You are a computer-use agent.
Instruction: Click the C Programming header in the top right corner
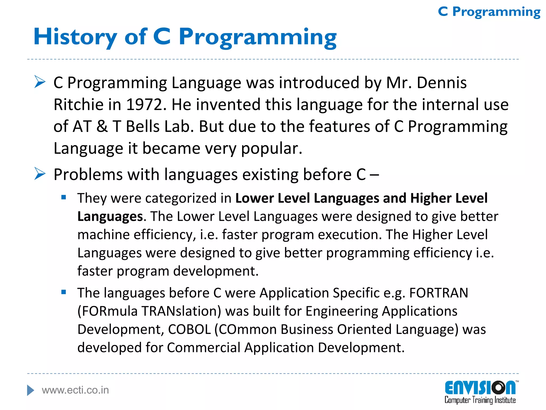coord(489,12)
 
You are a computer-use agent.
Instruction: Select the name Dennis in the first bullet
coord(441,82)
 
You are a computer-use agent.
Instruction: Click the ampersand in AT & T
coord(102,126)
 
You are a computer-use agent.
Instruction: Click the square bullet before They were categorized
coord(63,198)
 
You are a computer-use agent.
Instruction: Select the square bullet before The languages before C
coord(63,292)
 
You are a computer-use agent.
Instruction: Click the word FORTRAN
coord(439,293)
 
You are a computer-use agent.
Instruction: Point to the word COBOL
coord(189,329)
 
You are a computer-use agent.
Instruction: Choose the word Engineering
coord(342,311)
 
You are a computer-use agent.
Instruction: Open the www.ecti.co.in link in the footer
coord(75,390)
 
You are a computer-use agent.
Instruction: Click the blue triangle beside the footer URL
coord(31,390)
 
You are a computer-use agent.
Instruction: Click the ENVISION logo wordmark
coord(480,388)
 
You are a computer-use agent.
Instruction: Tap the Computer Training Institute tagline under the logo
coord(480,400)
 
